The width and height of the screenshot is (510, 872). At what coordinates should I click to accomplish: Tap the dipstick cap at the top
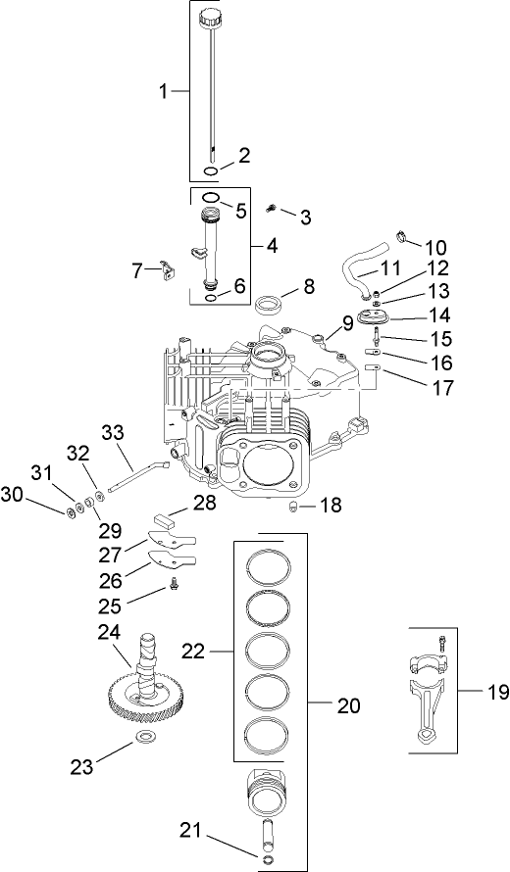pyautogui.click(x=211, y=19)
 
